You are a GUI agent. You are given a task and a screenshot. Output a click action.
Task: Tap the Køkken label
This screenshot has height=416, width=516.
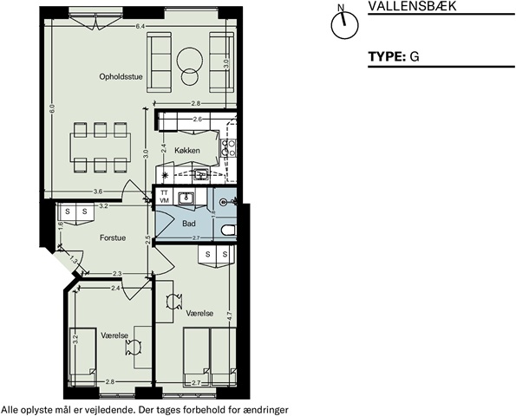(x=187, y=150)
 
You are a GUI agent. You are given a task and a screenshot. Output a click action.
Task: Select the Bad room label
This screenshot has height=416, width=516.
(x=189, y=224)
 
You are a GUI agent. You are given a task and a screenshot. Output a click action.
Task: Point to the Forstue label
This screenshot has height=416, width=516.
(x=113, y=237)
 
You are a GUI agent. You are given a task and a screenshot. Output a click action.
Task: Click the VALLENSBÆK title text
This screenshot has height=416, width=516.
(x=412, y=6)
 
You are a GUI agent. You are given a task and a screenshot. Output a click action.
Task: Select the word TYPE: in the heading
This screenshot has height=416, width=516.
(x=387, y=56)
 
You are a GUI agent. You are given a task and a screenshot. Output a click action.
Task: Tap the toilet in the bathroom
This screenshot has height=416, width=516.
(x=229, y=230)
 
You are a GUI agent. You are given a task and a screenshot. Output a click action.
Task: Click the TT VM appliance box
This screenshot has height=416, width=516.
(x=164, y=197)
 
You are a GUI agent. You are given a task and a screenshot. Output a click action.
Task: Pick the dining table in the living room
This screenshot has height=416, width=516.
(x=101, y=147)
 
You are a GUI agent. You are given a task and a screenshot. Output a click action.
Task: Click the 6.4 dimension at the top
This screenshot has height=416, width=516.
(x=140, y=27)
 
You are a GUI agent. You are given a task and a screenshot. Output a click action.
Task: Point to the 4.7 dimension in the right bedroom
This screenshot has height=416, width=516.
(x=230, y=316)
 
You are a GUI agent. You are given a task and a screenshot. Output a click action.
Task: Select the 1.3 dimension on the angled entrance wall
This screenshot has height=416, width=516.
(x=74, y=261)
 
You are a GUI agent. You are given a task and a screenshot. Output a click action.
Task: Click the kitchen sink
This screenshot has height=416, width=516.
(x=200, y=174)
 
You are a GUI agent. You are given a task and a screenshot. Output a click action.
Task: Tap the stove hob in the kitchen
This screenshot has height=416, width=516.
(x=229, y=147)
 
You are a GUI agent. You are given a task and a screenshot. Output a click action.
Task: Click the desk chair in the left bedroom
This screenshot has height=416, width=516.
(x=134, y=348)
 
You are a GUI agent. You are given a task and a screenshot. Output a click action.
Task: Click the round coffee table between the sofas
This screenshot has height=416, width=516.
(x=189, y=64)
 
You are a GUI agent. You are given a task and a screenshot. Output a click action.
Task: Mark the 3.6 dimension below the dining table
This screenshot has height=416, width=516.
(x=98, y=192)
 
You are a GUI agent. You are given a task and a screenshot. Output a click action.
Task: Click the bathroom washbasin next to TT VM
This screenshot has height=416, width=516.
(x=186, y=198)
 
